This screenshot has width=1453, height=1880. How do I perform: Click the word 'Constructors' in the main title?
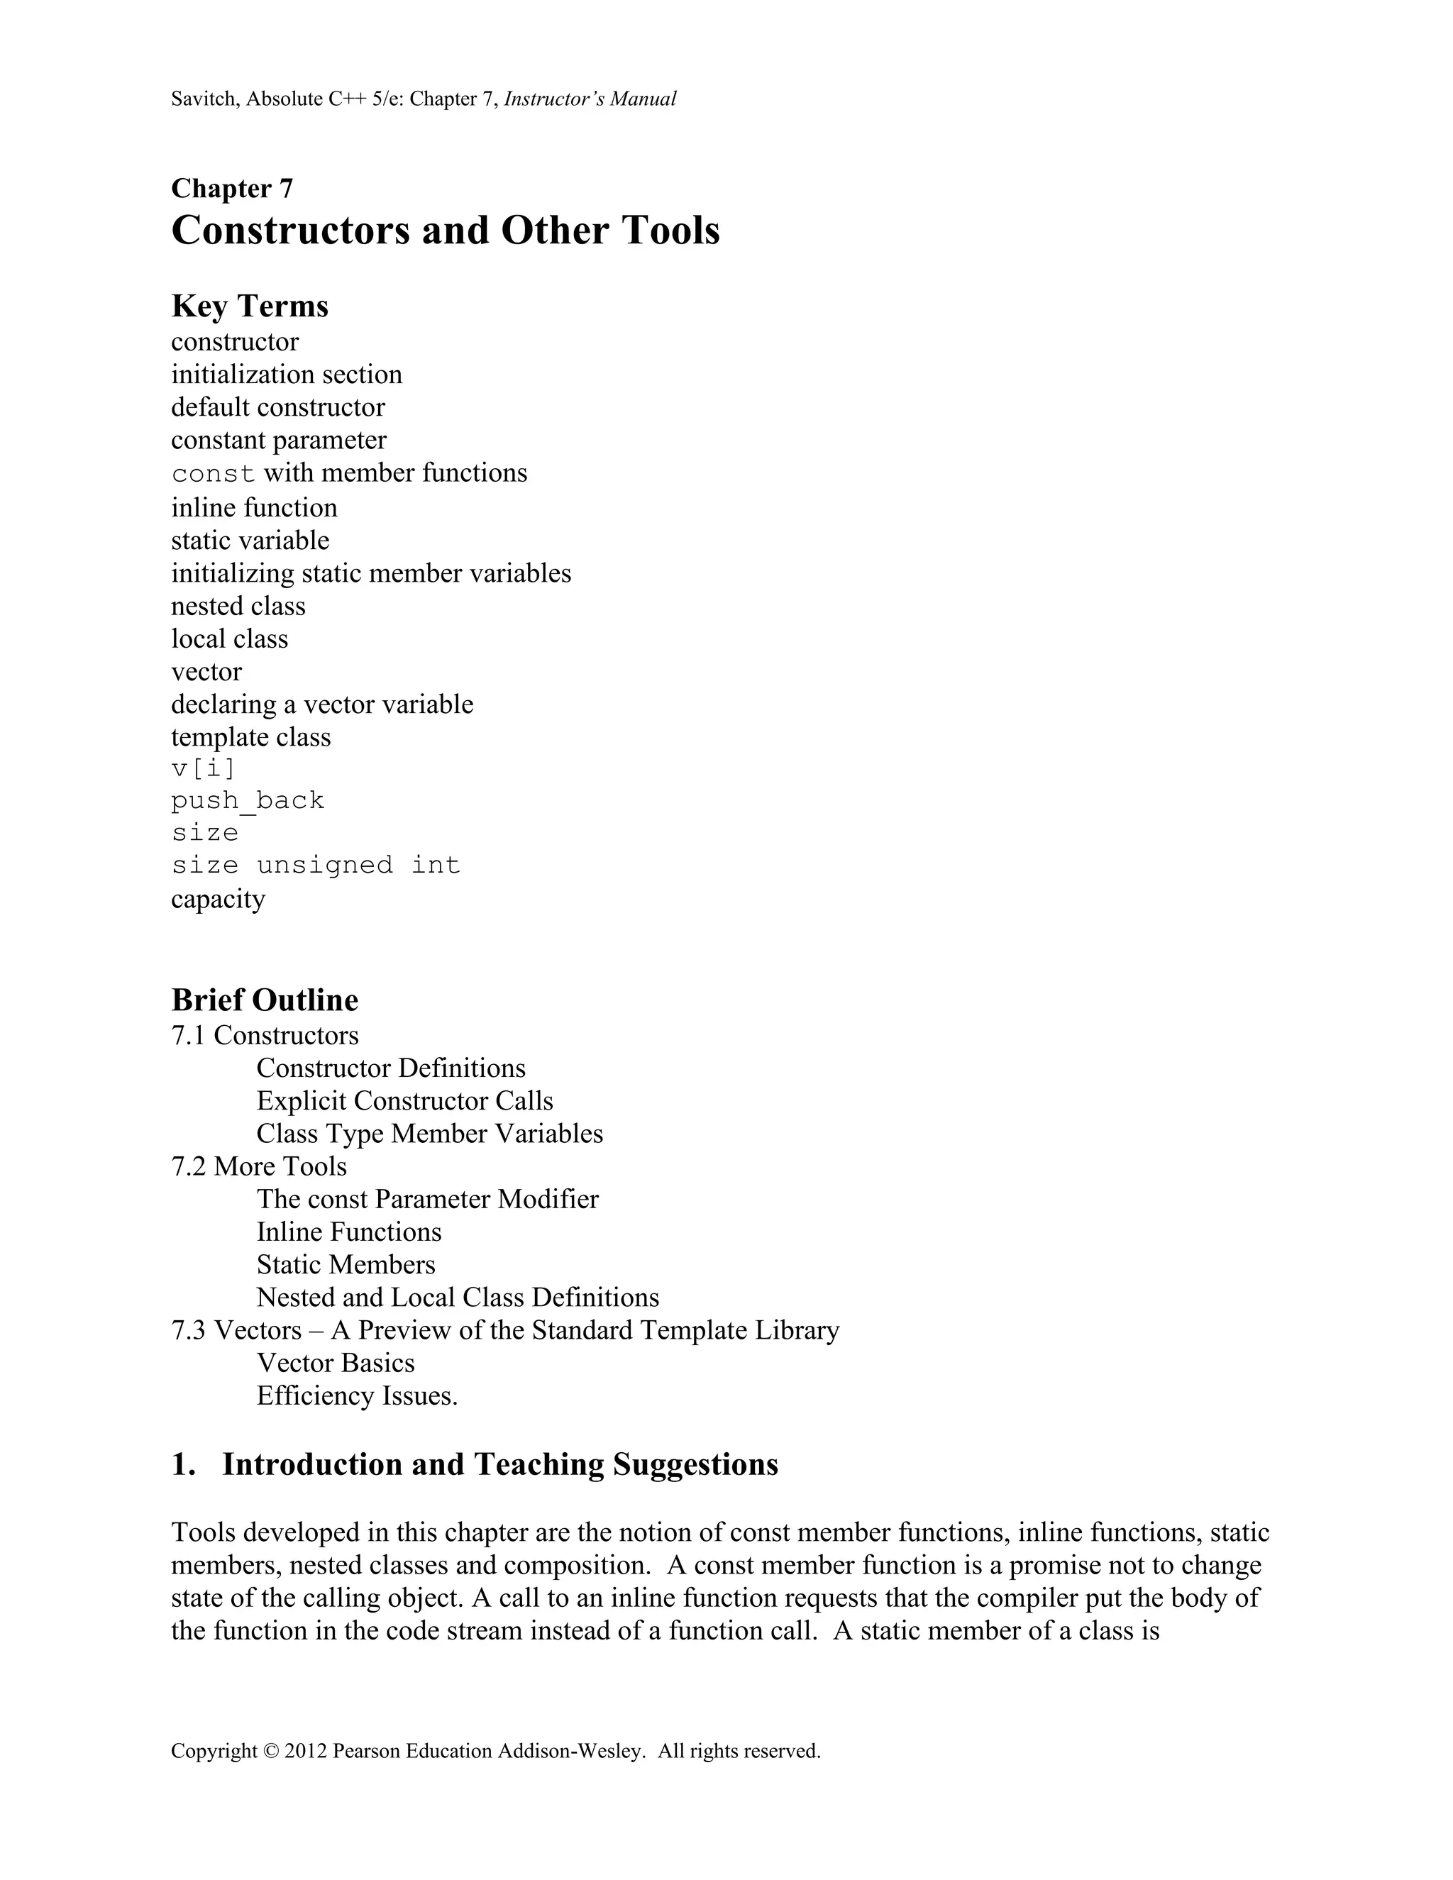(x=290, y=231)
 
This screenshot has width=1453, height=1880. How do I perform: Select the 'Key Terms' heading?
(x=250, y=306)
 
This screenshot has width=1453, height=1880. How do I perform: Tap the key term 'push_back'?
(x=248, y=800)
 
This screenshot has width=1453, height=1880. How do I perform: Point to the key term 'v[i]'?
(x=203, y=767)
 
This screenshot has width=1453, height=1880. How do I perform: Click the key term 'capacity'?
(x=218, y=899)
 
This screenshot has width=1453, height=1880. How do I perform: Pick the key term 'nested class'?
(x=238, y=606)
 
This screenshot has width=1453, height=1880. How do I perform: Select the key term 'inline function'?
(x=254, y=508)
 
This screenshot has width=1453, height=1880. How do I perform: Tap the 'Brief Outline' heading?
(x=264, y=1000)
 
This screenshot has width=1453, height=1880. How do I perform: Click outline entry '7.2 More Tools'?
(x=259, y=1166)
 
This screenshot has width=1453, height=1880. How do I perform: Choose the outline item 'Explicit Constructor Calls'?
(x=404, y=1101)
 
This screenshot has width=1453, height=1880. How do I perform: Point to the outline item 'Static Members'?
(x=346, y=1264)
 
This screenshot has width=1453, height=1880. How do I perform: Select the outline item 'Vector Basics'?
(x=335, y=1363)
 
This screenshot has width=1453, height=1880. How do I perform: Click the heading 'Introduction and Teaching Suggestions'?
(x=499, y=1464)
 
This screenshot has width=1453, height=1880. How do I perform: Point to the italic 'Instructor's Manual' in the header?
(x=590, y=99)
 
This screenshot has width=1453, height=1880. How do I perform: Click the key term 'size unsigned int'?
(x=316, y=865)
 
